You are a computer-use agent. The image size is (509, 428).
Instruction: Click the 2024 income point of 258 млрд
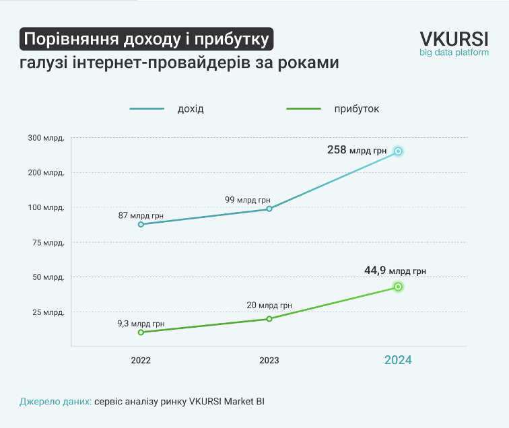[x=398, y=151]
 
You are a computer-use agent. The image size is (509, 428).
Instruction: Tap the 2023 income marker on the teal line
[x=269, y=209]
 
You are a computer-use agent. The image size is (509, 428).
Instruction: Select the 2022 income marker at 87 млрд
[x=141, y=224]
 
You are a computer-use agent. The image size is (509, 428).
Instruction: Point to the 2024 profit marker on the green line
[x=398, y=287]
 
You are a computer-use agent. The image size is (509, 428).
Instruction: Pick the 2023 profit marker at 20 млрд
[x=269, y=318]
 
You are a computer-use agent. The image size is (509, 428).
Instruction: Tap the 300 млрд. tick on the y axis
[x=46, y=138]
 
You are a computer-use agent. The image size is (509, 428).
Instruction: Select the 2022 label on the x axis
[x=141, y=360]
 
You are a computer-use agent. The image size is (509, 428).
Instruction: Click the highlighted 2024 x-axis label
[x=398, y=360]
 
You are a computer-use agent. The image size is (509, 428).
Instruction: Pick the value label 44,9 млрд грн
[x=395, y=271]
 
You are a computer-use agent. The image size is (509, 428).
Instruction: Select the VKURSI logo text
[x=454, y=38]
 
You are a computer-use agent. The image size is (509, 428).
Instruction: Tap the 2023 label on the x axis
[x=269, y=360]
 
